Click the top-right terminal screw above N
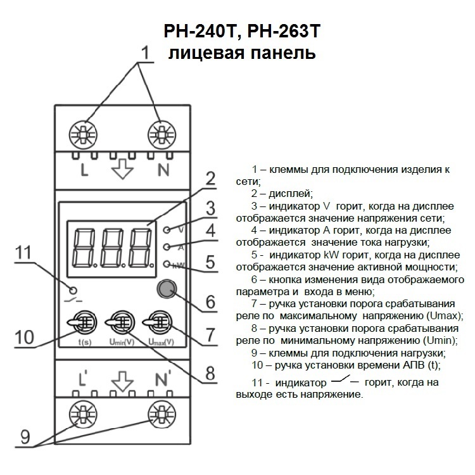(161, 134)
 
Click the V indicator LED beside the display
(167, 231)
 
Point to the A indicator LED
(167, 247)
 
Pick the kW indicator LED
(167, 263)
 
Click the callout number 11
(23, 253)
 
